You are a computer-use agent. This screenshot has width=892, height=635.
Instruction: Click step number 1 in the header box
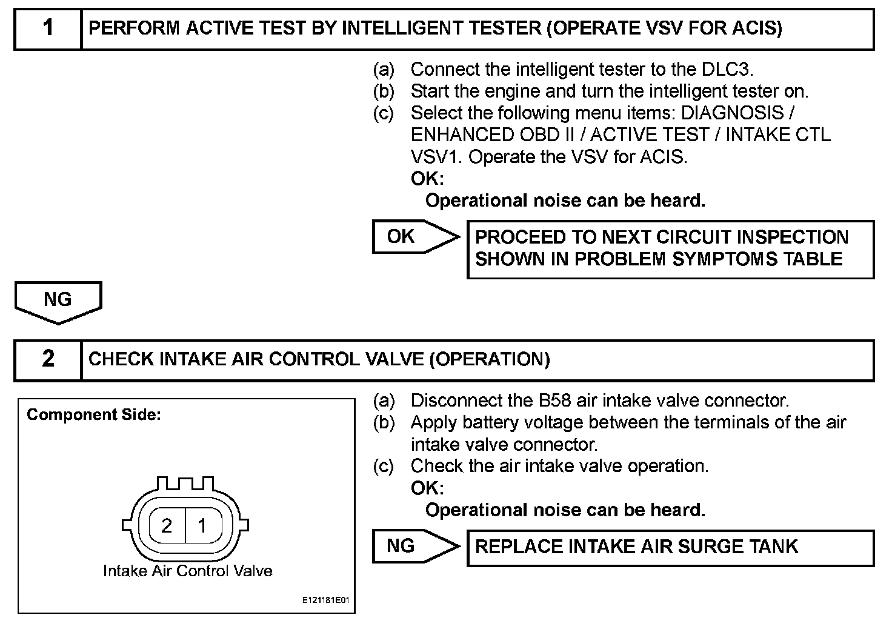(48, 28)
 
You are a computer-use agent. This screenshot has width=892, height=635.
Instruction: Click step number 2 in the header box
(48, 359)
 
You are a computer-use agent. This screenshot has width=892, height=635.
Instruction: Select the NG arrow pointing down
(58, 301)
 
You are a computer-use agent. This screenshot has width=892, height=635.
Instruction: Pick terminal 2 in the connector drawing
(167, 525)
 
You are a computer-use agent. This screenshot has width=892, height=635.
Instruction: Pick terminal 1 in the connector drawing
(202, 525)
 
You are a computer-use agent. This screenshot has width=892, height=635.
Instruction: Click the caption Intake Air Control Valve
(187, 571)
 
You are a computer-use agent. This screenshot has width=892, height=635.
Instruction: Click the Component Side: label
(94, 415)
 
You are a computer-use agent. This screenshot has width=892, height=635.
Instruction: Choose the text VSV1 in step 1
(436, 157)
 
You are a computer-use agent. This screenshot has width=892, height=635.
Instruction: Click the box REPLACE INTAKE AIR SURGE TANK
(670, 547)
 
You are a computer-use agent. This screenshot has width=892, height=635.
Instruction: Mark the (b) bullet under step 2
(383, 422)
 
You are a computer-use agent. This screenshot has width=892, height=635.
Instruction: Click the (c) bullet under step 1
(383, 113)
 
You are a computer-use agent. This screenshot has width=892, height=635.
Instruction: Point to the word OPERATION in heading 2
(489, 359)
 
